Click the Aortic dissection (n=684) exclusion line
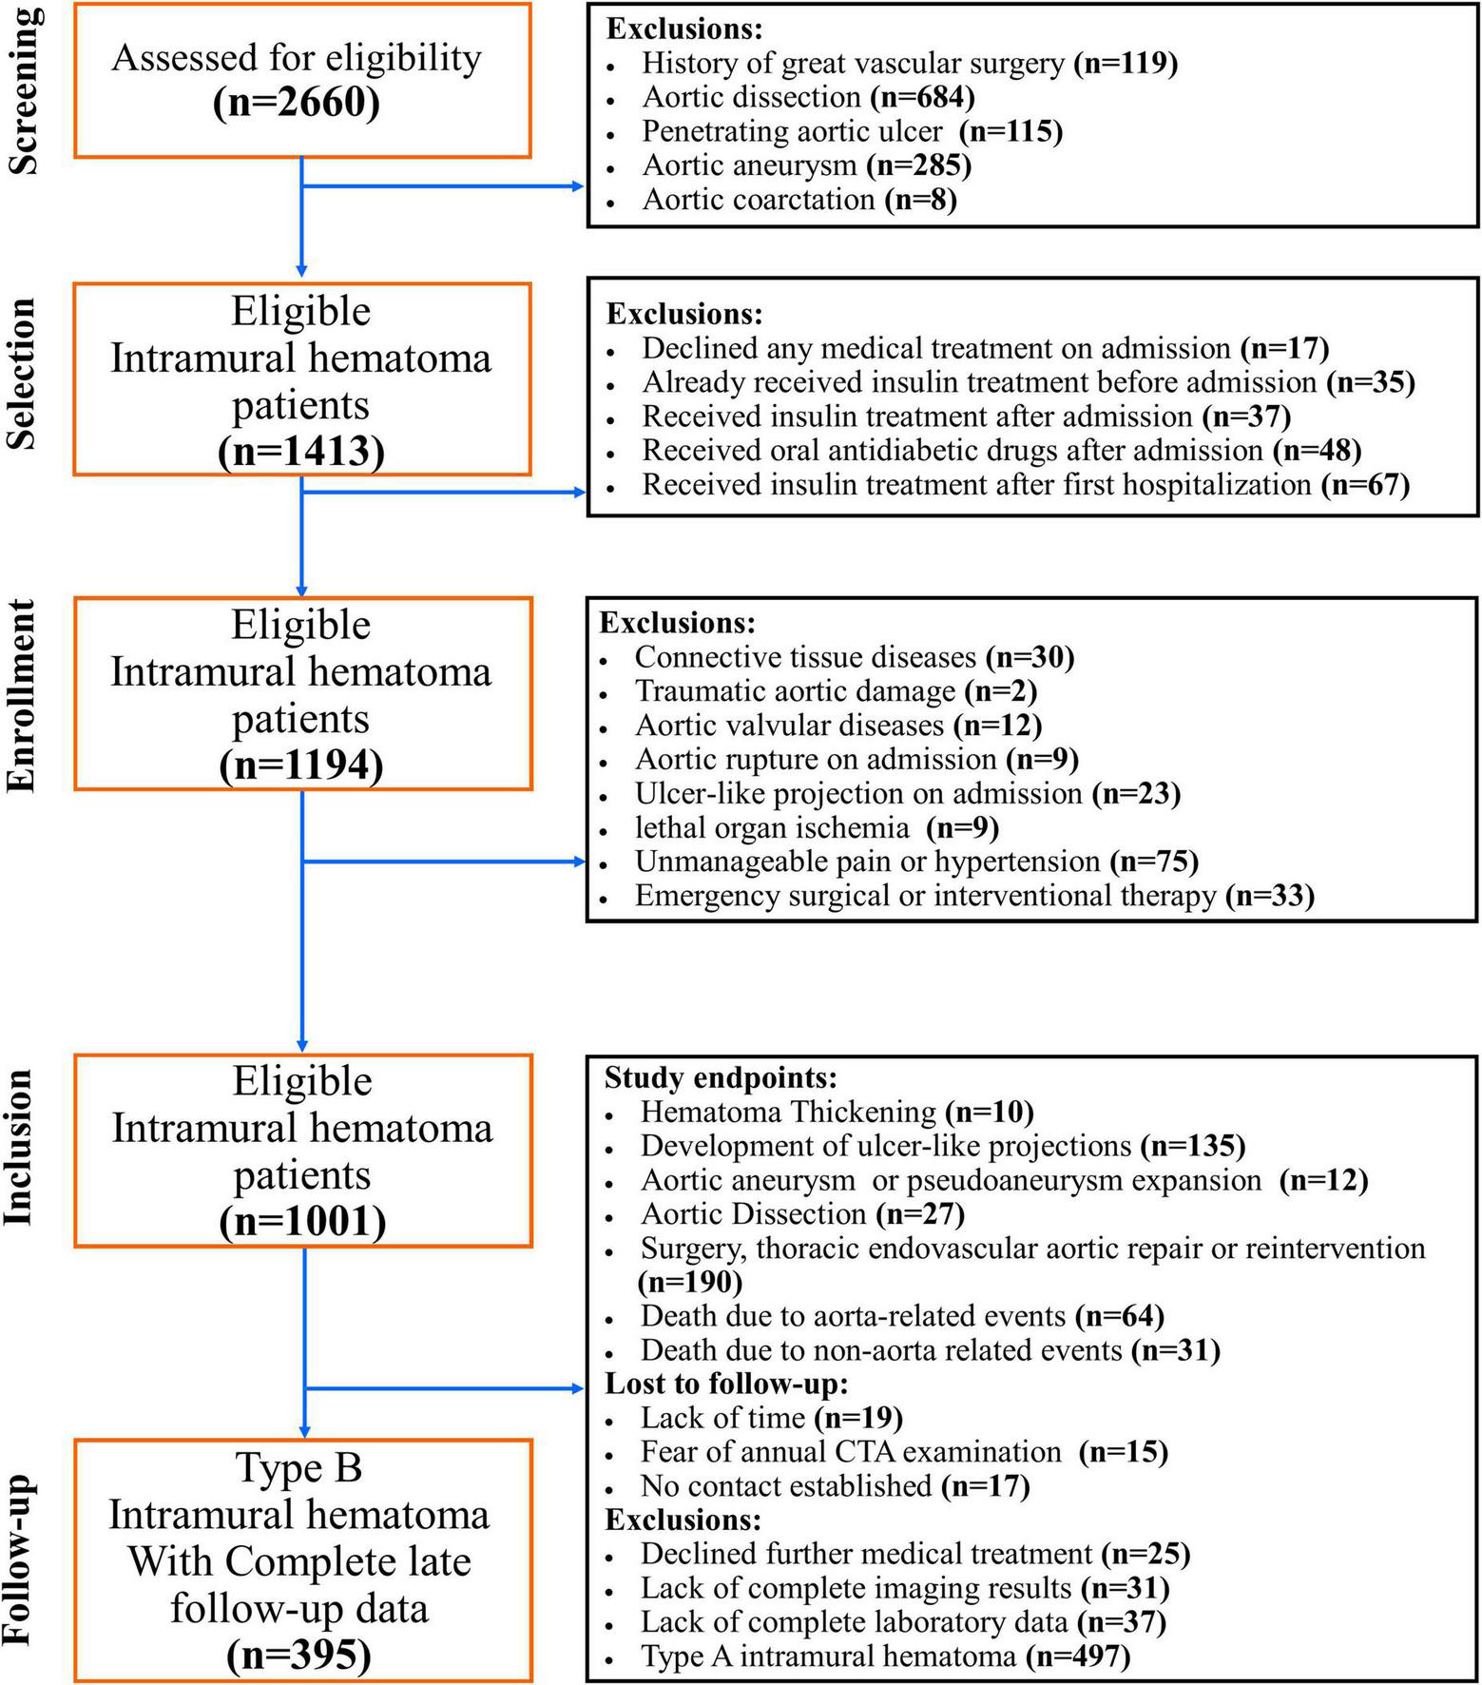[x=808, y=97]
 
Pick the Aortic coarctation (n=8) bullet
[x=799, y=200]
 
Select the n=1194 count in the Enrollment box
[x=301, y=765]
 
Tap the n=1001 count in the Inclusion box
[x=302, y=1221]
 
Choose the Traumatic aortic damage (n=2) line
[x=836, y=691]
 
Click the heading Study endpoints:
[x=721, y=1077]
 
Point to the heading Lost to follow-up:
[x=726, y=1384]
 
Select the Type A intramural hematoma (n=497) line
[x=885, y=1656]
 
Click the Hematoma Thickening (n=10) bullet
[x=837, y=1112]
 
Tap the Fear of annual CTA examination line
[x=903, y=1452]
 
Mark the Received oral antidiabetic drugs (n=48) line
[x=1001, y=451]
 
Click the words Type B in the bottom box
[x=298, y=1467]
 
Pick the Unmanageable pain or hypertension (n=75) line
[x=916, y=862]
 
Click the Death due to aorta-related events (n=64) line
[x=901, y=1316]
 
